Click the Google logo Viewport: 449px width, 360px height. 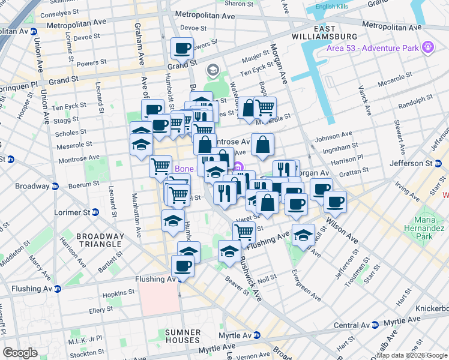click(20, 352)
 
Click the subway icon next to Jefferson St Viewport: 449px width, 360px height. click(439, 163)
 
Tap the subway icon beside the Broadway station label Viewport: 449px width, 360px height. click(55, 186)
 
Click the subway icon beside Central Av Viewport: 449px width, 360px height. click(375, 325)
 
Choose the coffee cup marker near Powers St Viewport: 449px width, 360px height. click(182, 48)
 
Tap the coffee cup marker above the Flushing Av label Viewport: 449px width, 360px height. click(182, 265)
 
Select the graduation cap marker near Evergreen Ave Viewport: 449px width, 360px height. click(304, 234)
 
